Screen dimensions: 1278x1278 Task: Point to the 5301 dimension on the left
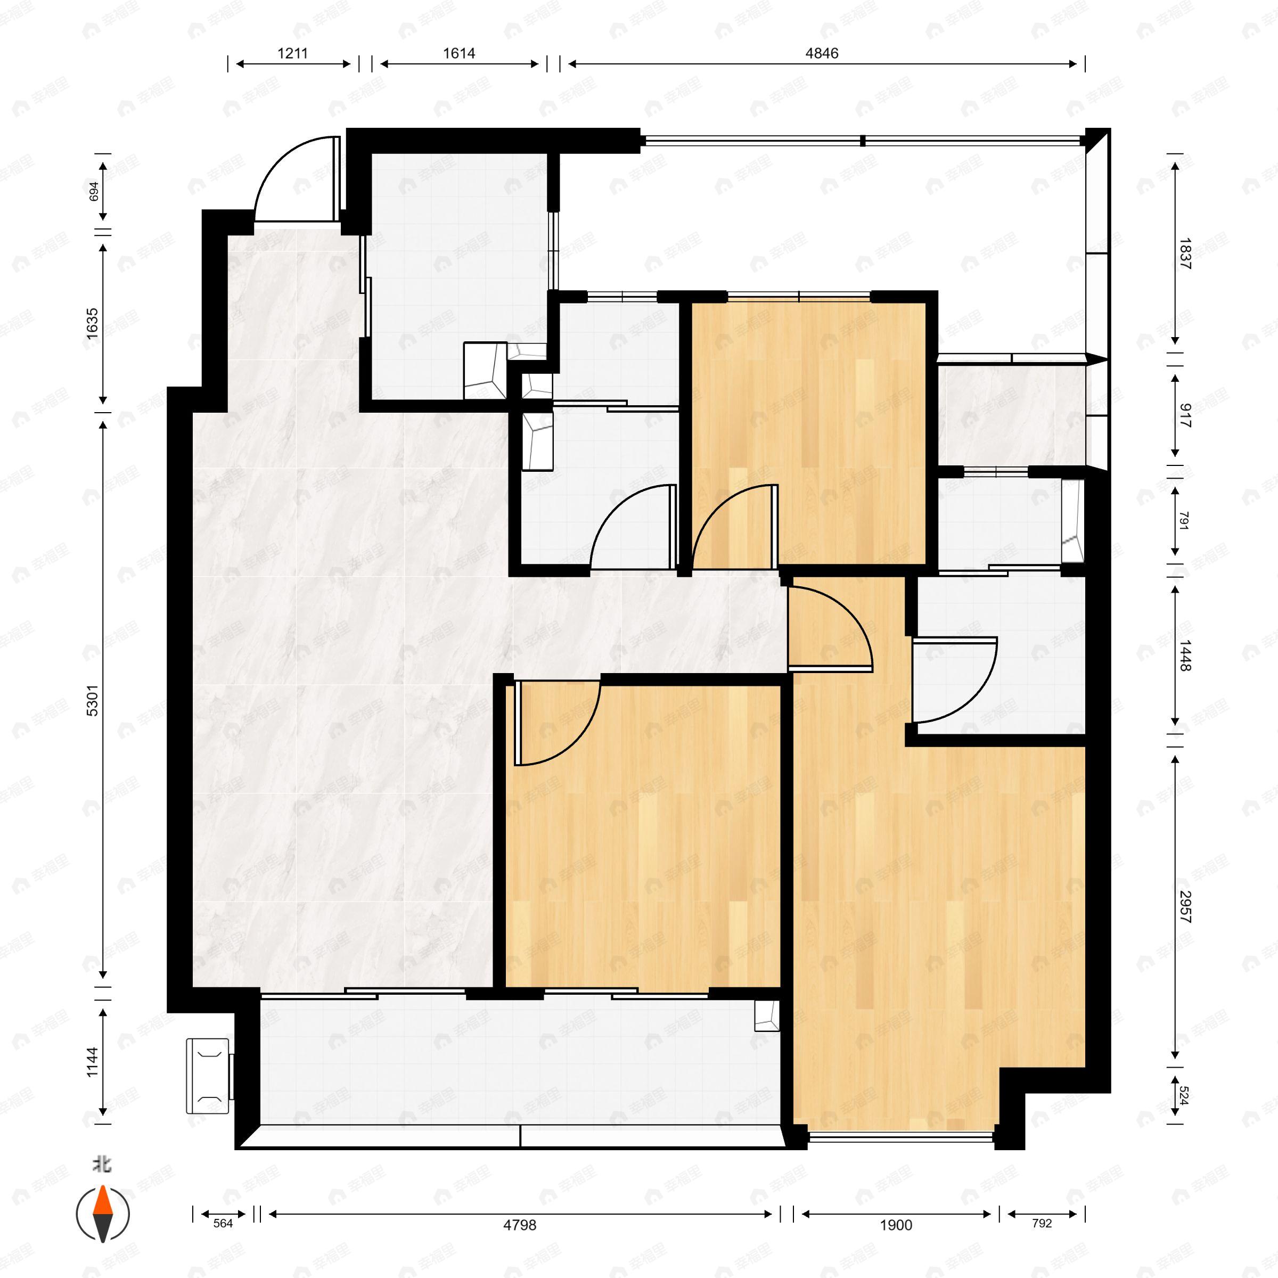coord(93,700)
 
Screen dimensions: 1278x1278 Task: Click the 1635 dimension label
coord(93,323)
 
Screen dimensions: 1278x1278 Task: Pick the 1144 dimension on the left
coord(93,1061)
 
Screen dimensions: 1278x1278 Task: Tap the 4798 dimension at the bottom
coord(519,1225)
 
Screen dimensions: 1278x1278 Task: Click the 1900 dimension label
coord(896,1225)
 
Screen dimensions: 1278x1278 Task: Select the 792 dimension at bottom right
coord(1042,1223)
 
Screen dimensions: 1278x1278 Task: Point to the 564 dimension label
coord(223,1223)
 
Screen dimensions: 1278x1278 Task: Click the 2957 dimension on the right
coord(1185,907)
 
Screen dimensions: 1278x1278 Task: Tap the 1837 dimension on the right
coord(1185,253)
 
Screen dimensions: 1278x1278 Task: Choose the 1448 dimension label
coord(1185,655)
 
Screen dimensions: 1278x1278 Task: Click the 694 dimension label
coord(94,191)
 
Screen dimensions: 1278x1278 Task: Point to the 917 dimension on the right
coord(1185,415)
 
